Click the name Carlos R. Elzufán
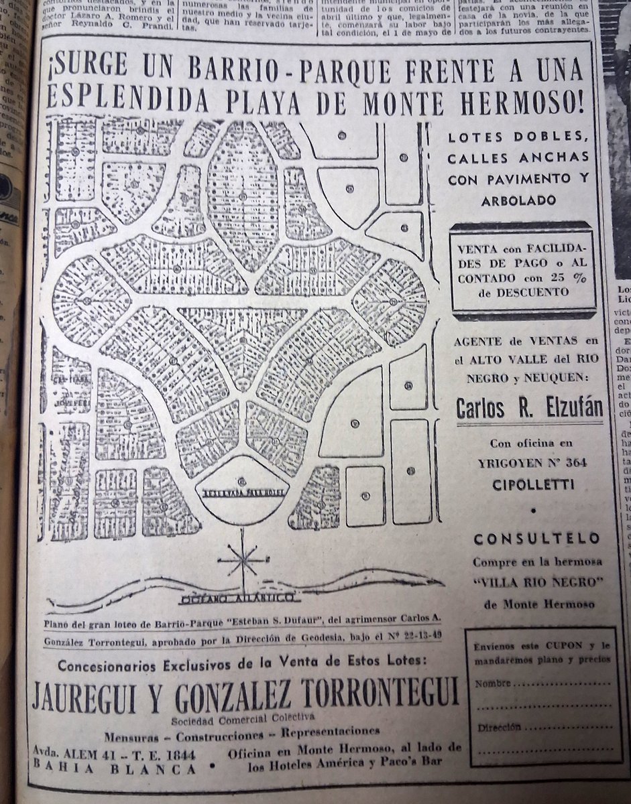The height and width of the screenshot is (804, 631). [530, 409]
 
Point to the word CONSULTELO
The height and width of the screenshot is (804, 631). [536, 539]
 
